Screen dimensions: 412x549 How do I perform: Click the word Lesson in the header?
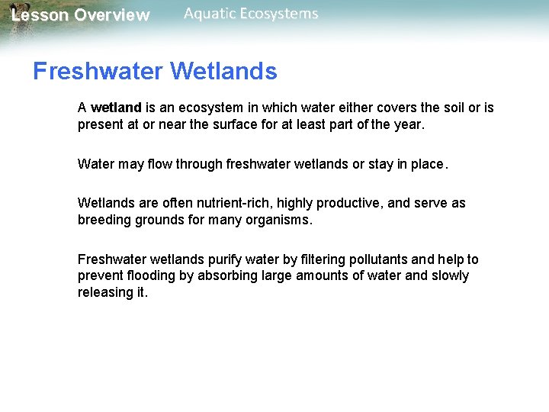(x=40, y=15)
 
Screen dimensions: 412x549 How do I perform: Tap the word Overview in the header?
(x=112, y=15)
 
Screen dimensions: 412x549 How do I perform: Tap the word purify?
(x=226, y=259)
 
